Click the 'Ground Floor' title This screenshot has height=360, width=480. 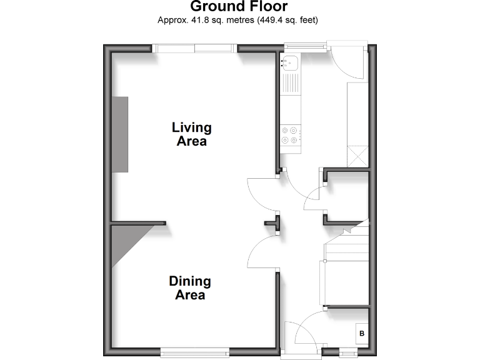pyautogui.click(x=239, y=7)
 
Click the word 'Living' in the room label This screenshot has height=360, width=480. pyautogui.click(x=192, y=127)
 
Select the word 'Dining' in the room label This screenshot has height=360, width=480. pyautogui.click(x=190, y=281)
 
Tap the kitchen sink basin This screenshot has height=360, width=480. pyautogui.click(x=291, y=62)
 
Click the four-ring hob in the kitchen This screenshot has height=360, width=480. pyautogui.click(x=291, y=136)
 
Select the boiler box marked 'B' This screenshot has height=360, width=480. pyautogui.click(x=361, y=335)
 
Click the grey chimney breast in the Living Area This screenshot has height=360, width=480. pyautogui.click(x=120, y=134)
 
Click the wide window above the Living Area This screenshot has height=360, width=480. pyautogui.click(x=195, y=48)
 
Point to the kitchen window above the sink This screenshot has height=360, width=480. pyautogui.click(x=304, y=45)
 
